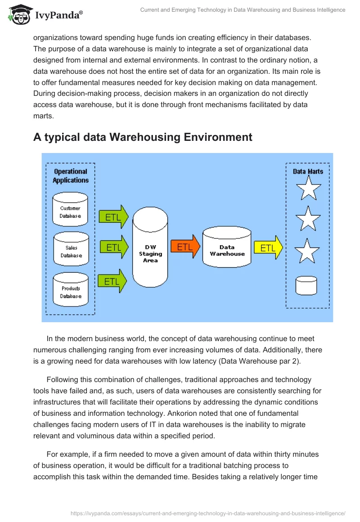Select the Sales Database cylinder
(70, 248)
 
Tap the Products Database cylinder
(70, 289)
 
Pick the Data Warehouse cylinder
(227, 251)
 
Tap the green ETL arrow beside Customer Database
(113, 217)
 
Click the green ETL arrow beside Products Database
(112, 281)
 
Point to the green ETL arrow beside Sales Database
(113, 247)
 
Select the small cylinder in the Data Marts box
(306, 285)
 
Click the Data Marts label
(308, 171)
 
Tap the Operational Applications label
(71, 175)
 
